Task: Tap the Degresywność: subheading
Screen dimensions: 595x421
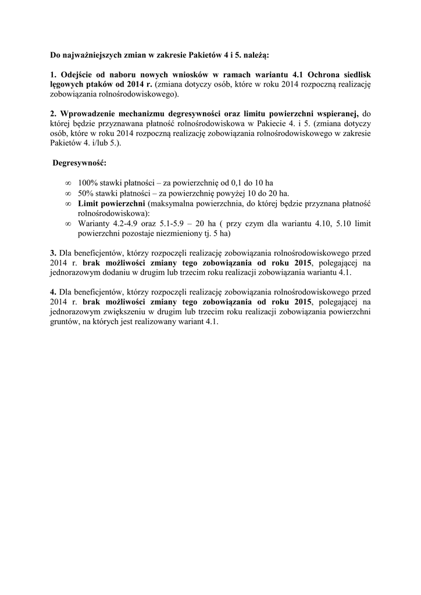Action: point(79,163)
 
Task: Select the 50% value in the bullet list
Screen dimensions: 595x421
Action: point(85,193)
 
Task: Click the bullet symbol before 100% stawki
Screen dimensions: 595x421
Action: point(68,184)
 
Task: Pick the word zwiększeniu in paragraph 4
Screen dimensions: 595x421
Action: point(120,311)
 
